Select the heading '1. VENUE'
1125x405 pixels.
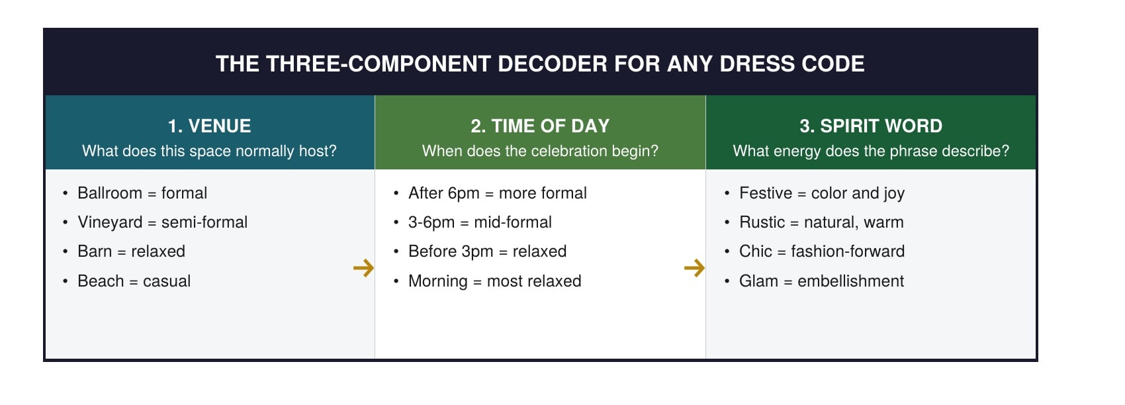coord(209,126)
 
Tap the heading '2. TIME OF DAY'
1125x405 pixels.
coord(540,126)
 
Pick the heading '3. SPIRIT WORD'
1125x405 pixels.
coord(871,126)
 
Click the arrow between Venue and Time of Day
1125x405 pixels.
coord(363,268)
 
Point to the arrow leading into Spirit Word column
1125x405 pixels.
coord(694,268)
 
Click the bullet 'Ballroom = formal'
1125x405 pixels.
coord(142,193)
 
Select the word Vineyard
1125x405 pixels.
coord(110,222)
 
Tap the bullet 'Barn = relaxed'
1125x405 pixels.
coord(131,251)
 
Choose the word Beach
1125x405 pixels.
coord(101,281)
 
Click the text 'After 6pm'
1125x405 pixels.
coord(444,193)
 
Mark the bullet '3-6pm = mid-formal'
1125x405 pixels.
coord(480,222)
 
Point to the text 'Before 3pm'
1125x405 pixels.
coord(451,251)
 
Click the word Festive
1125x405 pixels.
coord(766,193)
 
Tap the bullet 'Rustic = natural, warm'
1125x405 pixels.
coord(821,222)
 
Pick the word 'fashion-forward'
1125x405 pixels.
coord(848,251)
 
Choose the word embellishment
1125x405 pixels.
coord(850,281)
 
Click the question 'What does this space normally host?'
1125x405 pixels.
coord(209,151)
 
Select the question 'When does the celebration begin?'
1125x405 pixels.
coord(540,151)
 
